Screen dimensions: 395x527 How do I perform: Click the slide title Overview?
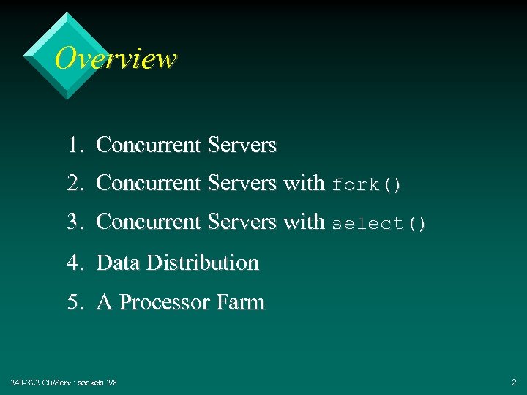116,59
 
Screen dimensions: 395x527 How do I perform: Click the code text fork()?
367,185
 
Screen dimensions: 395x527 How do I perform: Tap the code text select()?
378,224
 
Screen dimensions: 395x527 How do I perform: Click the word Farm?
241,302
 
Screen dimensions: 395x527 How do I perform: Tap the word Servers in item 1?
242,146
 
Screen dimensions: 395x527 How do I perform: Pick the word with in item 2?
304,183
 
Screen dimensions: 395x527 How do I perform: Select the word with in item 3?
304,222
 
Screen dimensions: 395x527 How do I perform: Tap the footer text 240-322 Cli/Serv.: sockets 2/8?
64,383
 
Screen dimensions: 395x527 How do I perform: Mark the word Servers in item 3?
242,222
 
